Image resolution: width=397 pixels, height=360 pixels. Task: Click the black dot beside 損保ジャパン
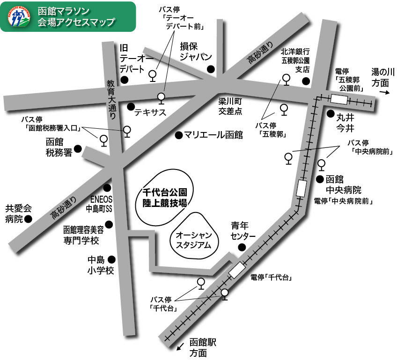coord(211,69)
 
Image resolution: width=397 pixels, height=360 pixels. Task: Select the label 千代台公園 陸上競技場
coord(165,198)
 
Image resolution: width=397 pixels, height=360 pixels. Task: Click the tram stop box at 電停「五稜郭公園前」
coord(339,99)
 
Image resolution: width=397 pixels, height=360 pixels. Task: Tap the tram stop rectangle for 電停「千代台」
coord(237,270)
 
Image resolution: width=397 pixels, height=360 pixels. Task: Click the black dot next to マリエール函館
coord(178,135)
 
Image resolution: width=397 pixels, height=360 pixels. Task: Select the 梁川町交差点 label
coord(230,106)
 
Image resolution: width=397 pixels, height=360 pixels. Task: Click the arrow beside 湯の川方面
coord(382,93)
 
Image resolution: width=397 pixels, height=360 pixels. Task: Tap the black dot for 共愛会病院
coord(29,219)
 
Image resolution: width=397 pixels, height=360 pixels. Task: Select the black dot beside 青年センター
coord(242,247)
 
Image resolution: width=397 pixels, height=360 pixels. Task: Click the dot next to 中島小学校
coord(111,259)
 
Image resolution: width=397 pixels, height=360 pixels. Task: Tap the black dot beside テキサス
coord(131,106)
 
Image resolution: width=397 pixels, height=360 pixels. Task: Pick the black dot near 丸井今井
coord(330,113)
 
